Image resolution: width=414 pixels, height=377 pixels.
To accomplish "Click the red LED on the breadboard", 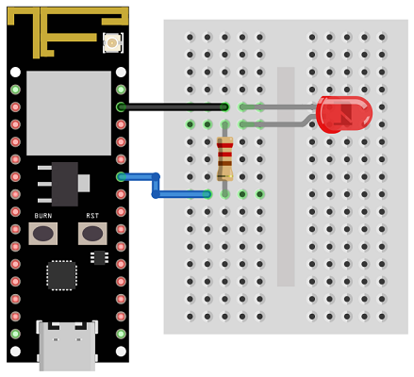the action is click(344, 114).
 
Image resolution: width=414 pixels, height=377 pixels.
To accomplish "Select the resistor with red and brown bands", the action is click(224, 158).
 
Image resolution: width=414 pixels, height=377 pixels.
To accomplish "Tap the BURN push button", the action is click(43, 234).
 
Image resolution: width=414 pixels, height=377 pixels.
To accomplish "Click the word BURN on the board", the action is click(43, 216).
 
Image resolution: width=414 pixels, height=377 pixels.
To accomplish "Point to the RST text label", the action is click(92, 216).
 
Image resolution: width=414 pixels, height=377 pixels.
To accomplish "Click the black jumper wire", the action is click(173, 107).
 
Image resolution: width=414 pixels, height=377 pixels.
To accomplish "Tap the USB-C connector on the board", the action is click(67, 346).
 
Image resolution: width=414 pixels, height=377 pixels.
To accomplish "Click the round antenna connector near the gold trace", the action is click(112, 42).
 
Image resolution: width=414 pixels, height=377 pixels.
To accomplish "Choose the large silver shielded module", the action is click(69, 113).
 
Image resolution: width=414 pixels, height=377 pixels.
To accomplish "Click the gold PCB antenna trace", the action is click(68, 31).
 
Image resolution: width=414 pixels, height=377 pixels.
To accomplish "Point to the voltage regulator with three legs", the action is click(64, 184).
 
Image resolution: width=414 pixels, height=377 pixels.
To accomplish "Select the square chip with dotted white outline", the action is click(61, 275).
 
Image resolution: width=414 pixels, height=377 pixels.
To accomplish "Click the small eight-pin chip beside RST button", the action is click(99, 257).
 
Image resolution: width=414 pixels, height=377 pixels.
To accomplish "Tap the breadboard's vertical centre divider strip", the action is click(286, 176).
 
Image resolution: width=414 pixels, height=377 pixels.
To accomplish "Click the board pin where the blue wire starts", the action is click(121, 177).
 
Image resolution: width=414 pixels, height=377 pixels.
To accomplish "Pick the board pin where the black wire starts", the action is click(121, 107).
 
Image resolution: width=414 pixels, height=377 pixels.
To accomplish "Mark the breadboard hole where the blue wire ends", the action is click(207, 194).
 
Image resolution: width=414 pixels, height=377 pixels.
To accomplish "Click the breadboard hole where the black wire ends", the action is click(224, 107).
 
